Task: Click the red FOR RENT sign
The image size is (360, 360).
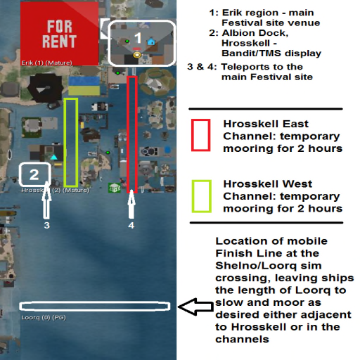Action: [60, 34]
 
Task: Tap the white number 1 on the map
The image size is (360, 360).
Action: [138, 38]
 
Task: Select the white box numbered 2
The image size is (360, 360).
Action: [34, 174]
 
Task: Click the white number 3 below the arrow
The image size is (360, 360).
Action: [47, 225]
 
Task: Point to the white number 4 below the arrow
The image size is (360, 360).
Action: [131, 225]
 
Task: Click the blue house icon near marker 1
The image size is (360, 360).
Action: [151, 42]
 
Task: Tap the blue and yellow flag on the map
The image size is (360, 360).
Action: [84, 85]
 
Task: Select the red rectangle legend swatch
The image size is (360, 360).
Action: [200, 135]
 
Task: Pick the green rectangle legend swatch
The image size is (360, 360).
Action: [202, 196]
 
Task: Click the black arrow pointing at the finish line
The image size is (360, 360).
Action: [196, 307]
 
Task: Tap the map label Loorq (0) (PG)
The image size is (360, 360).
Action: [44, 318]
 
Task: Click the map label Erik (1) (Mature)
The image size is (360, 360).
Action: [46, 63]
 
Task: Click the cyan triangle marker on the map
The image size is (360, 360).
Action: [54, 157]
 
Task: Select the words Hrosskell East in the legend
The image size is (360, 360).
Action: [266, 124]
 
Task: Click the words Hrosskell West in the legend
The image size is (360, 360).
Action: [268, 184]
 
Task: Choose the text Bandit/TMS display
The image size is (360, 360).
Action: [271, 53]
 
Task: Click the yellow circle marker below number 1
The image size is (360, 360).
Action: [137, 56]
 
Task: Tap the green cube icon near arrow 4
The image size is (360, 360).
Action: [115, 188]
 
